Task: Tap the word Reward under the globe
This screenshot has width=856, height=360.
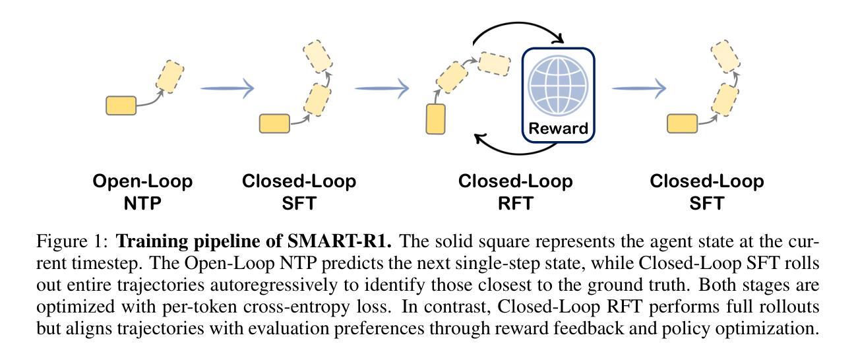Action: pos(558,128)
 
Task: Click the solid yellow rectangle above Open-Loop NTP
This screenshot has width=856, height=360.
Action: pos(121,105)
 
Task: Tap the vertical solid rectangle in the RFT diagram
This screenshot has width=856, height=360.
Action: pos(435,119)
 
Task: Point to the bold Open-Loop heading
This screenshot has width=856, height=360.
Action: pos(143,181)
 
